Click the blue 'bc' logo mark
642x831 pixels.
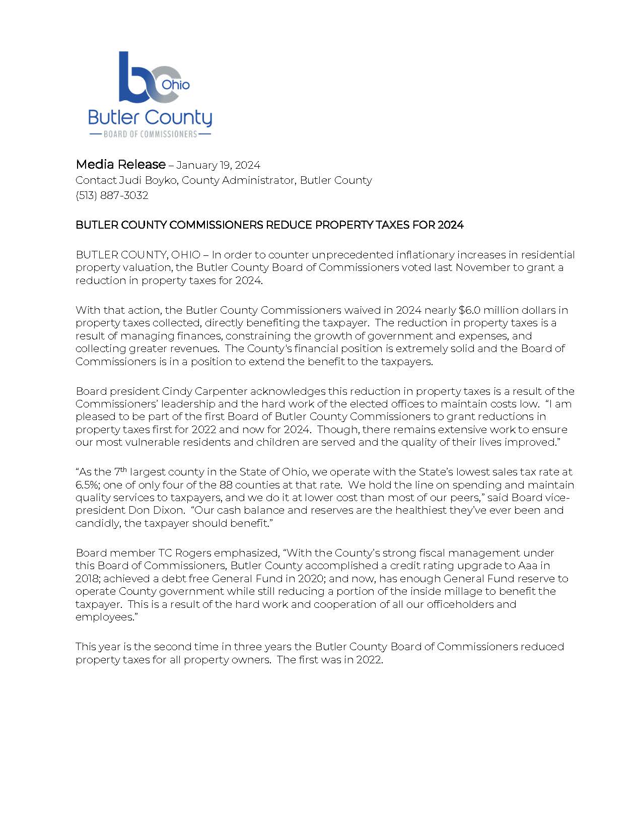(144, 78)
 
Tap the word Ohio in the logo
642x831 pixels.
(176, 85)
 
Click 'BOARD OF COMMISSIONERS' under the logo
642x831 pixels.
(150, 134)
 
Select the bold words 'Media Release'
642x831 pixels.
(120, 164)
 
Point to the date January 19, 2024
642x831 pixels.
(218, 165)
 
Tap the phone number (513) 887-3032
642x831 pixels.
(112, 195)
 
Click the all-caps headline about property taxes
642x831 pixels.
(269, 225)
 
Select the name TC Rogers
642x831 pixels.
(182, 553)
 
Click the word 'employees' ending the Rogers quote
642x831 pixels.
(103, 617)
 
